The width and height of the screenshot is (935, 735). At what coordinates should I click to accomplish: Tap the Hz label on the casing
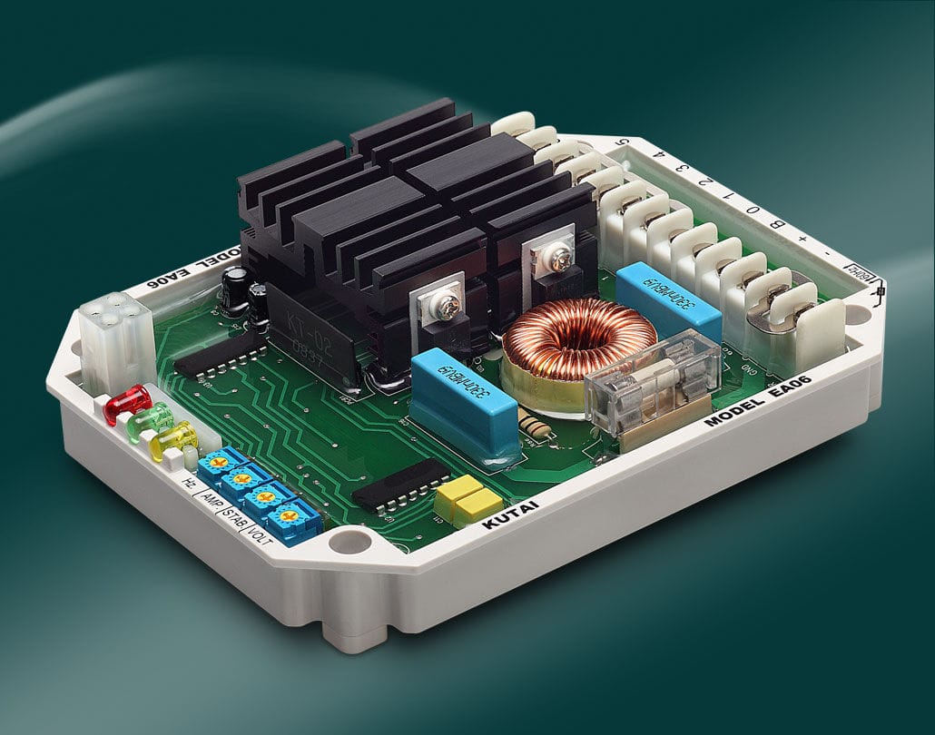(190, 483)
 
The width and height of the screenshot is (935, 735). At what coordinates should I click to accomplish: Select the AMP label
(209, 498)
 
